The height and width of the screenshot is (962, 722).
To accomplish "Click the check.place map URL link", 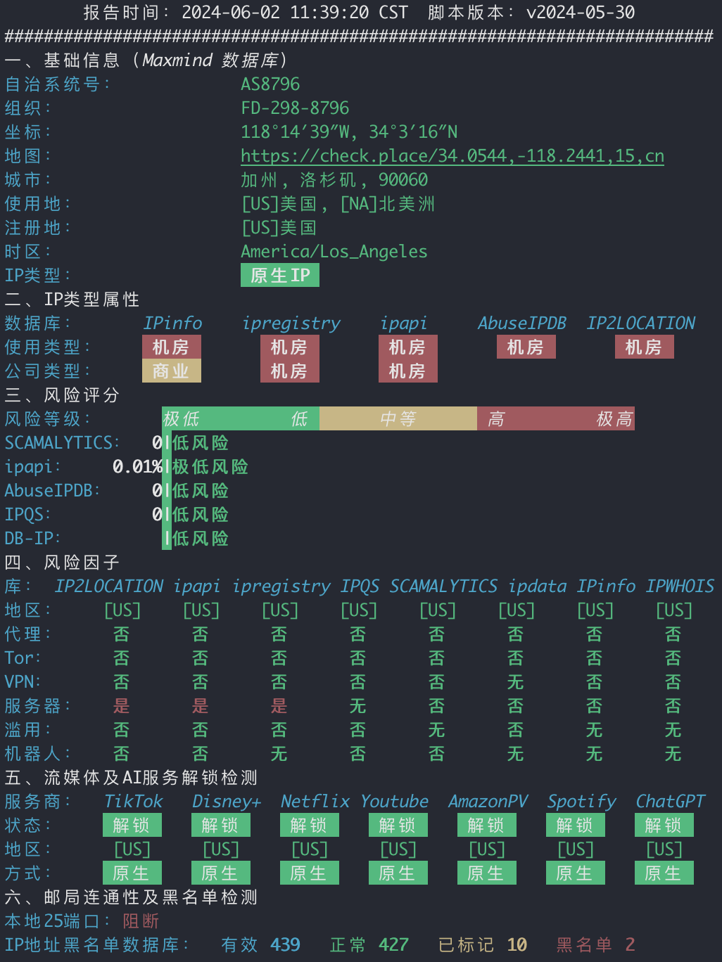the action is (452, 156).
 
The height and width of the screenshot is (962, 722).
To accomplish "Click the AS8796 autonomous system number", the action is (270, 84).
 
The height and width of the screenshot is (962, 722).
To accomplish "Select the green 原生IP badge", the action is (279, 275).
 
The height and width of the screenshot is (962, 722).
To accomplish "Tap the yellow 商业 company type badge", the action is (172, 371).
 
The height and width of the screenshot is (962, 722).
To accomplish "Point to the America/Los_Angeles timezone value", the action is (334, 252).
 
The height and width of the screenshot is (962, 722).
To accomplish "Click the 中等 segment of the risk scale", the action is (398, 418).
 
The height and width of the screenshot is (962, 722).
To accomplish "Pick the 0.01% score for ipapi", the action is (137, 467).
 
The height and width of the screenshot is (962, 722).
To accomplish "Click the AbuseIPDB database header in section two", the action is (522, 323).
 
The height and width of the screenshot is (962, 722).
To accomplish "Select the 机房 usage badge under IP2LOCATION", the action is (645, 347).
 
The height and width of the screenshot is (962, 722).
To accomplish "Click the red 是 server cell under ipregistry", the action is (279, 706).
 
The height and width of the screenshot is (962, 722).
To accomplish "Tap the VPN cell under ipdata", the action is (516, 682).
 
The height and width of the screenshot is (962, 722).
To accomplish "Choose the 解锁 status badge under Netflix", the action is (310, 826).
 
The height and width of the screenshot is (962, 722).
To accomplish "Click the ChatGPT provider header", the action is (670, 802).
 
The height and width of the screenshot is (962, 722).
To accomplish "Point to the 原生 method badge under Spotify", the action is (576, 873).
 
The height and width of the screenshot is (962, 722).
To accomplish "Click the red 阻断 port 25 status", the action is (141, 921).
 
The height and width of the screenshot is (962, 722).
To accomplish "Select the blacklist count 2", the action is (630, 945).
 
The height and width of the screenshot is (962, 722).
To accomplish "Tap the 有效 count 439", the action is (286, 945).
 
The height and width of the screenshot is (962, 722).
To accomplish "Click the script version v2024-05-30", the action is (581, 12).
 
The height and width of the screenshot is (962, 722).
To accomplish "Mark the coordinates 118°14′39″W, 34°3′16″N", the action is (349, 132).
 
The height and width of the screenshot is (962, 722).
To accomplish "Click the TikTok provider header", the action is (133, 802).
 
